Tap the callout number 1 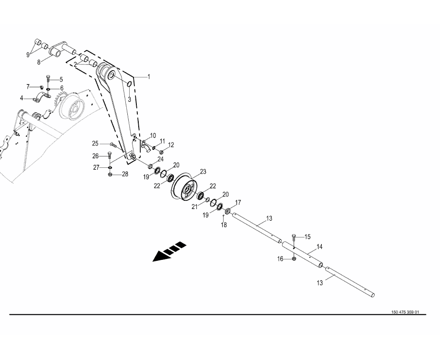click(x=148, y=76)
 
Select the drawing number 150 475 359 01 click(x=405, y=312)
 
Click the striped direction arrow click(x=169, y=251)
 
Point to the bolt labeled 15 click(x=294, y=237)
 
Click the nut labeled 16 click(x=294, y=258)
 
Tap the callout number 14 click(x=319, y=247)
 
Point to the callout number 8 click(x=39, y=62)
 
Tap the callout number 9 click(x=28, y=54)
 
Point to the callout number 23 click(x=203, y=172)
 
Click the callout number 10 click(x=153, y=136)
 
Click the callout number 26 click(x=95, y=156)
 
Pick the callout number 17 click(x=238, y=202)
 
